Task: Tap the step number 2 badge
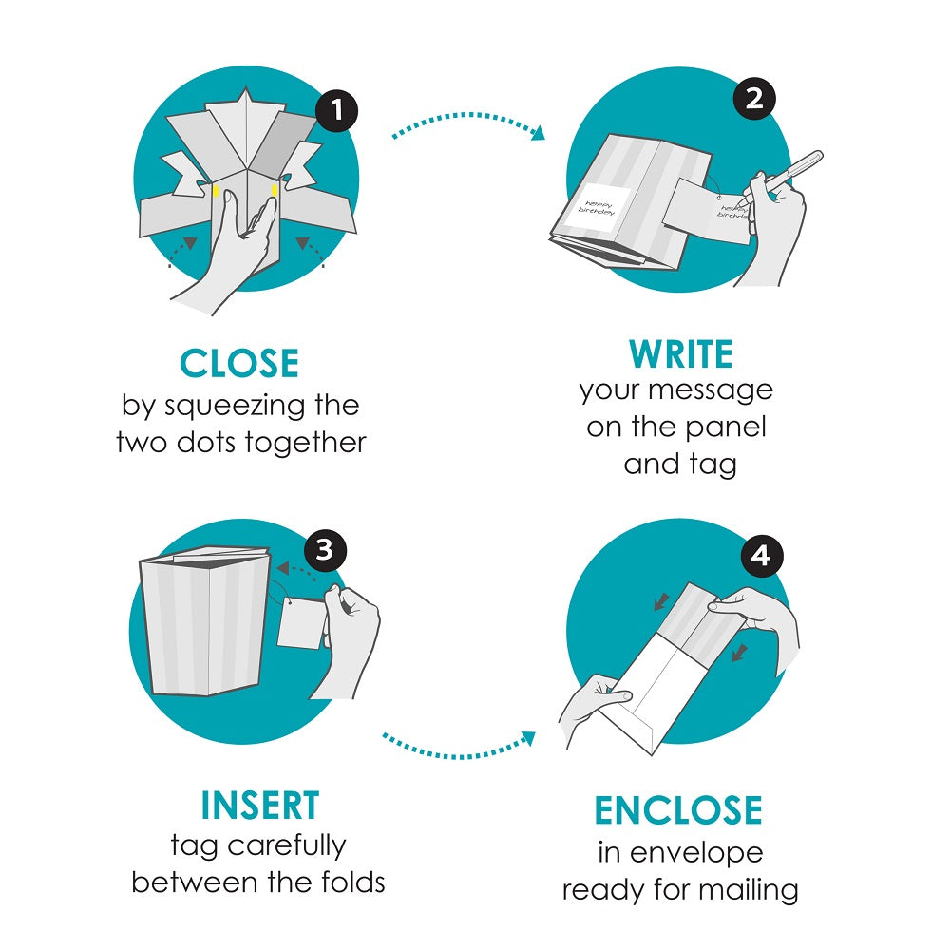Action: (x=754, y=99)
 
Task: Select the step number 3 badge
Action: (x=325, y=551)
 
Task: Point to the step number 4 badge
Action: (x=761, y=556)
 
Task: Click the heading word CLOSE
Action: (x=239, y=364)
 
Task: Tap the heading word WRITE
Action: (x=681, y=354)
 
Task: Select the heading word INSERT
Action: (x=259, y=806)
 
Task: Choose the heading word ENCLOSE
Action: (x=678, y=810)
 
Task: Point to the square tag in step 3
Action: (x=302, y=622)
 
